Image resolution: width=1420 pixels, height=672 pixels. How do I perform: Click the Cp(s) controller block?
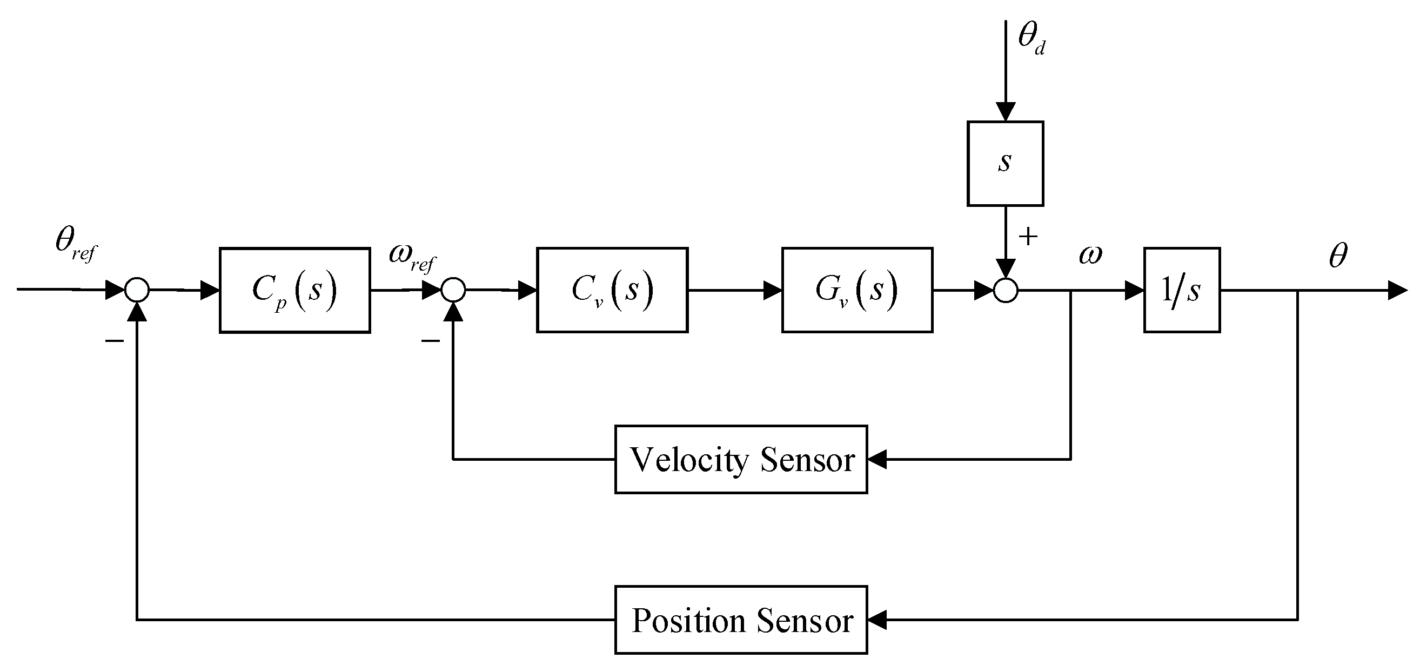click(x=294, y=291)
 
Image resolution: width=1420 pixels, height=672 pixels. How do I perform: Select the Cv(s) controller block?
click(x=612, y=291)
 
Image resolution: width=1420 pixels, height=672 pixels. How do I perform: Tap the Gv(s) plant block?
click(x=856, y=291)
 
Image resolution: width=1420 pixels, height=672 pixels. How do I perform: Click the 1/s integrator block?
click(x=1181, y=291)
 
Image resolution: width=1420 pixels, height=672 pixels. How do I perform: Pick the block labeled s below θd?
click(x=1005, y=164)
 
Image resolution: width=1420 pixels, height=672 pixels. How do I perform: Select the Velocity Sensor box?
click(x=740, y=459)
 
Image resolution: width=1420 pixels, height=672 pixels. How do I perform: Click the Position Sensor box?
click(x=740, y=620)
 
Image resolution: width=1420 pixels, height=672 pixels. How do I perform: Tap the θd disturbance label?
click(x=1031, y=38)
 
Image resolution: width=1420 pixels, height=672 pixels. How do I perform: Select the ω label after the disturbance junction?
click(x=1090, y=254)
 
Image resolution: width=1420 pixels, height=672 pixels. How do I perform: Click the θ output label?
click(x=1338, y=254)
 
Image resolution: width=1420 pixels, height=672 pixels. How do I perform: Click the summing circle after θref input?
click(x=137, y=290)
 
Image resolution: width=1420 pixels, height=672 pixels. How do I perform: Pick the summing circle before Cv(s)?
click(x=453, y=290)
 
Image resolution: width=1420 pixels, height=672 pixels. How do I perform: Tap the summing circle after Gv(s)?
click(x=1006, y=291)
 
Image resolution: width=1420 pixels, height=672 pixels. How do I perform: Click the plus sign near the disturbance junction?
click(x=1028, y=237)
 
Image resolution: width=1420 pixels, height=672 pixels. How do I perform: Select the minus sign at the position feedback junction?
click(x=114, y=341)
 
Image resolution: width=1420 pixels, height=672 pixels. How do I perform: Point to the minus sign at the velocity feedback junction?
click(x=431, y=341)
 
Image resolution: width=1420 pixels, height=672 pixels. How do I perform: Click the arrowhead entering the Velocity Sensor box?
click(x=876, y=459)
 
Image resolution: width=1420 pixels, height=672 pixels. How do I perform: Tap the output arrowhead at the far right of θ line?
click(x=1397, y=291)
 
